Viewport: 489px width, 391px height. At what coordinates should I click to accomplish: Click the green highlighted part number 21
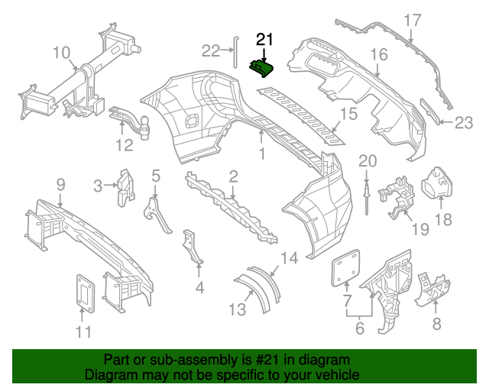pyautogui.click(x=264, y=69)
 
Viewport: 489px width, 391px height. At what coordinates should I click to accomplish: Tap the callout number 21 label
pyautogui.click(x=264, y=40)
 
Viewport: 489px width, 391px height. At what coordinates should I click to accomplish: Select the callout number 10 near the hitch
pyautogui.click(x=62, y=53)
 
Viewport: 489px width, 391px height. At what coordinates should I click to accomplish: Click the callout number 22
pyautogui.click(x=210, y=50)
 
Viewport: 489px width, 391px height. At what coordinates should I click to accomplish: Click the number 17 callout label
pyautogui.click(x=412, y=20)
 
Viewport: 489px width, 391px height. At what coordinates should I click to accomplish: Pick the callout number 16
pyautogui.click(x=380, y=54)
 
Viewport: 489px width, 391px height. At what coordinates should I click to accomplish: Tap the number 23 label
pyautogui.click(x=465, y=122)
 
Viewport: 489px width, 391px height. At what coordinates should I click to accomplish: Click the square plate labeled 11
pyautogui.click(x=84, y=292)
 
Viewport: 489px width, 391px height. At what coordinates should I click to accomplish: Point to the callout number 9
pyautogui.click(x=60, y=184)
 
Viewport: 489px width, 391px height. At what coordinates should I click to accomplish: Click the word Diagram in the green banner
pyautogui.click(x=110, y=375)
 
